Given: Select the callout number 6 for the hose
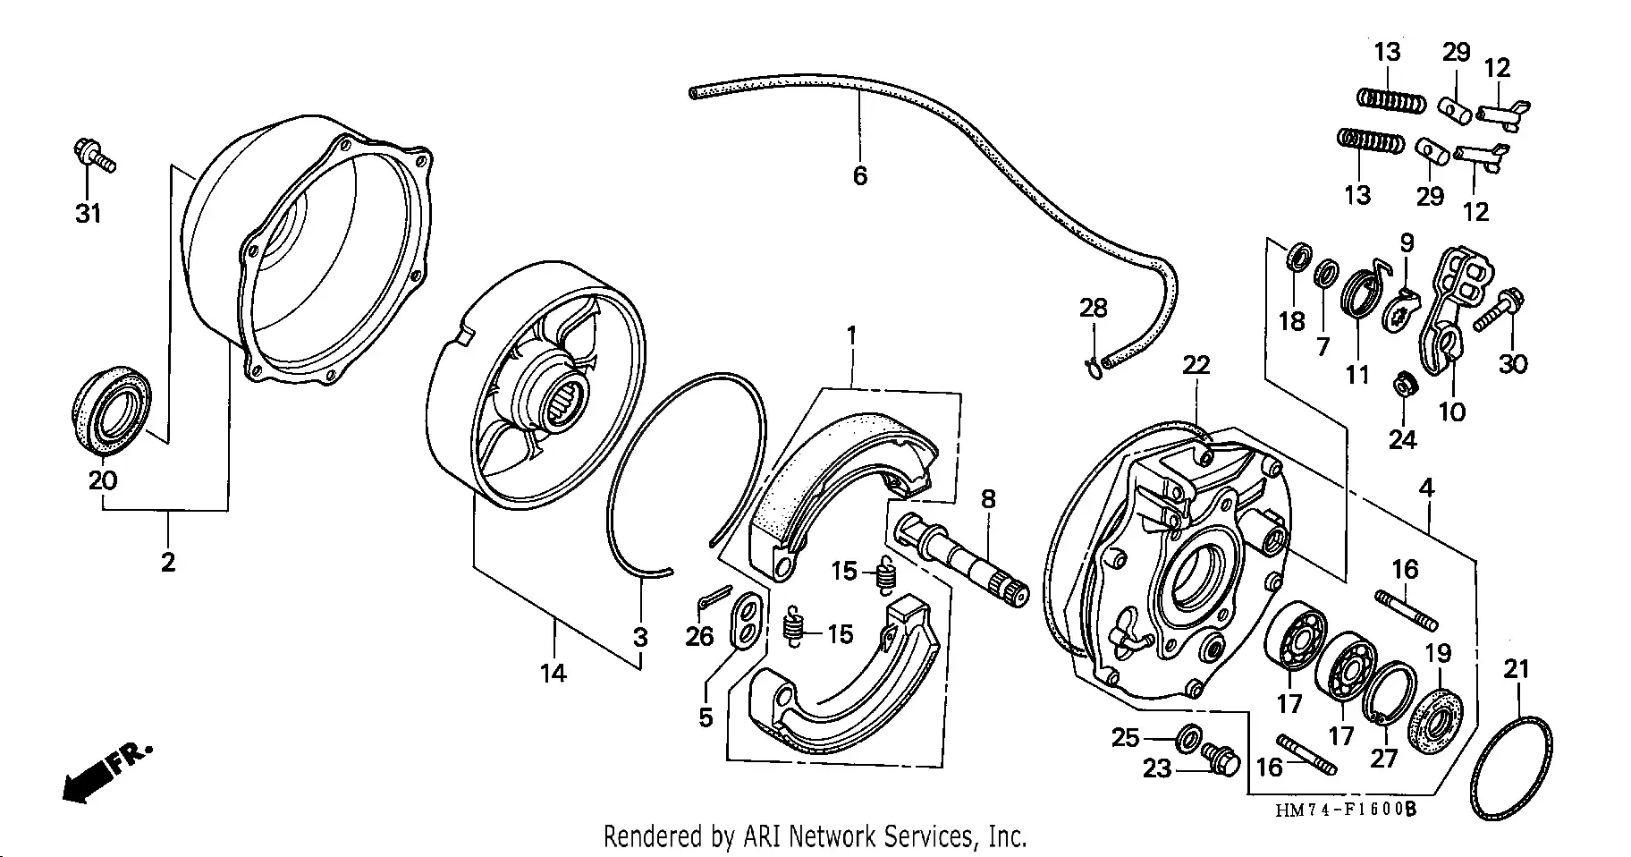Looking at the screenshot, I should (859, 175).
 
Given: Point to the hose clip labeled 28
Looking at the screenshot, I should (1094, 365).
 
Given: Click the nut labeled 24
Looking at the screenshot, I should (1403, 386).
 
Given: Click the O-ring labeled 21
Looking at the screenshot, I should (1511, 765).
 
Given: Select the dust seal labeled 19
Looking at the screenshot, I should (1436, 719).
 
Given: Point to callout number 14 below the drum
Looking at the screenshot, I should (553, 673).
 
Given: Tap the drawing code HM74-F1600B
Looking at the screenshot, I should (1347, 810).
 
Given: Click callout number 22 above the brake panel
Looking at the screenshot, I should (1196, 365).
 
